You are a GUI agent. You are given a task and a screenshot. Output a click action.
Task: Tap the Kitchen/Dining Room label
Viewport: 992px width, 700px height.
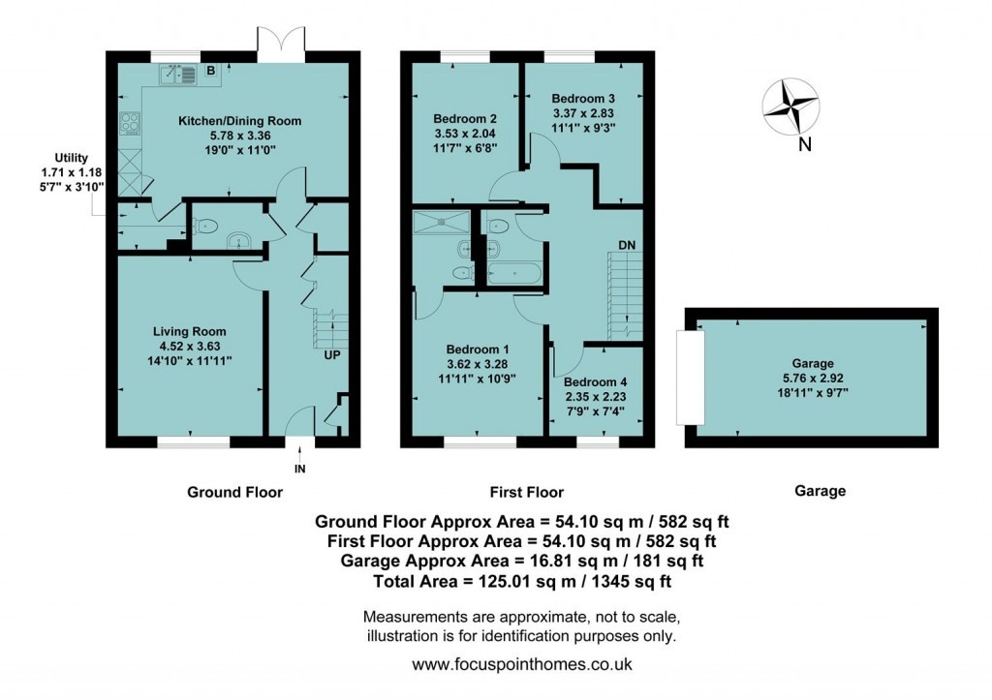(x=239, y=121)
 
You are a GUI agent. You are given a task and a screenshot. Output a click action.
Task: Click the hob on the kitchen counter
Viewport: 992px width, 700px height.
(x=130, y=123)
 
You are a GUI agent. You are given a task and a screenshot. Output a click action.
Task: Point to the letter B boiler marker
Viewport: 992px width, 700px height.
(x=210, y=71)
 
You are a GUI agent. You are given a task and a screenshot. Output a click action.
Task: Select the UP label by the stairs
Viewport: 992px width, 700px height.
(x=331, y=355)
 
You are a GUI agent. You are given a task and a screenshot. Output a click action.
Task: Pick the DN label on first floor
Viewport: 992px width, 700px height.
(x=627, y=246)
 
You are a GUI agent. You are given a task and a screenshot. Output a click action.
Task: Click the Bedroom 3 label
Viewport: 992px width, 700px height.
(x=583, y=99)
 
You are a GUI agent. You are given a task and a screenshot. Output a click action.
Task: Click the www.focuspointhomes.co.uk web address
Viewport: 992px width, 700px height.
(x=522, y=665)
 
